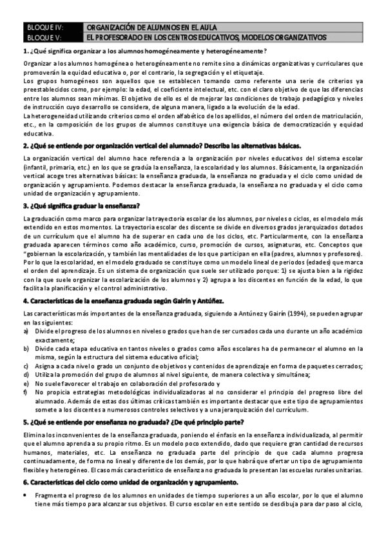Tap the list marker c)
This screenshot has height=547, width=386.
click(26, 366)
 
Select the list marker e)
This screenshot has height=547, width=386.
click(26, 383)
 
